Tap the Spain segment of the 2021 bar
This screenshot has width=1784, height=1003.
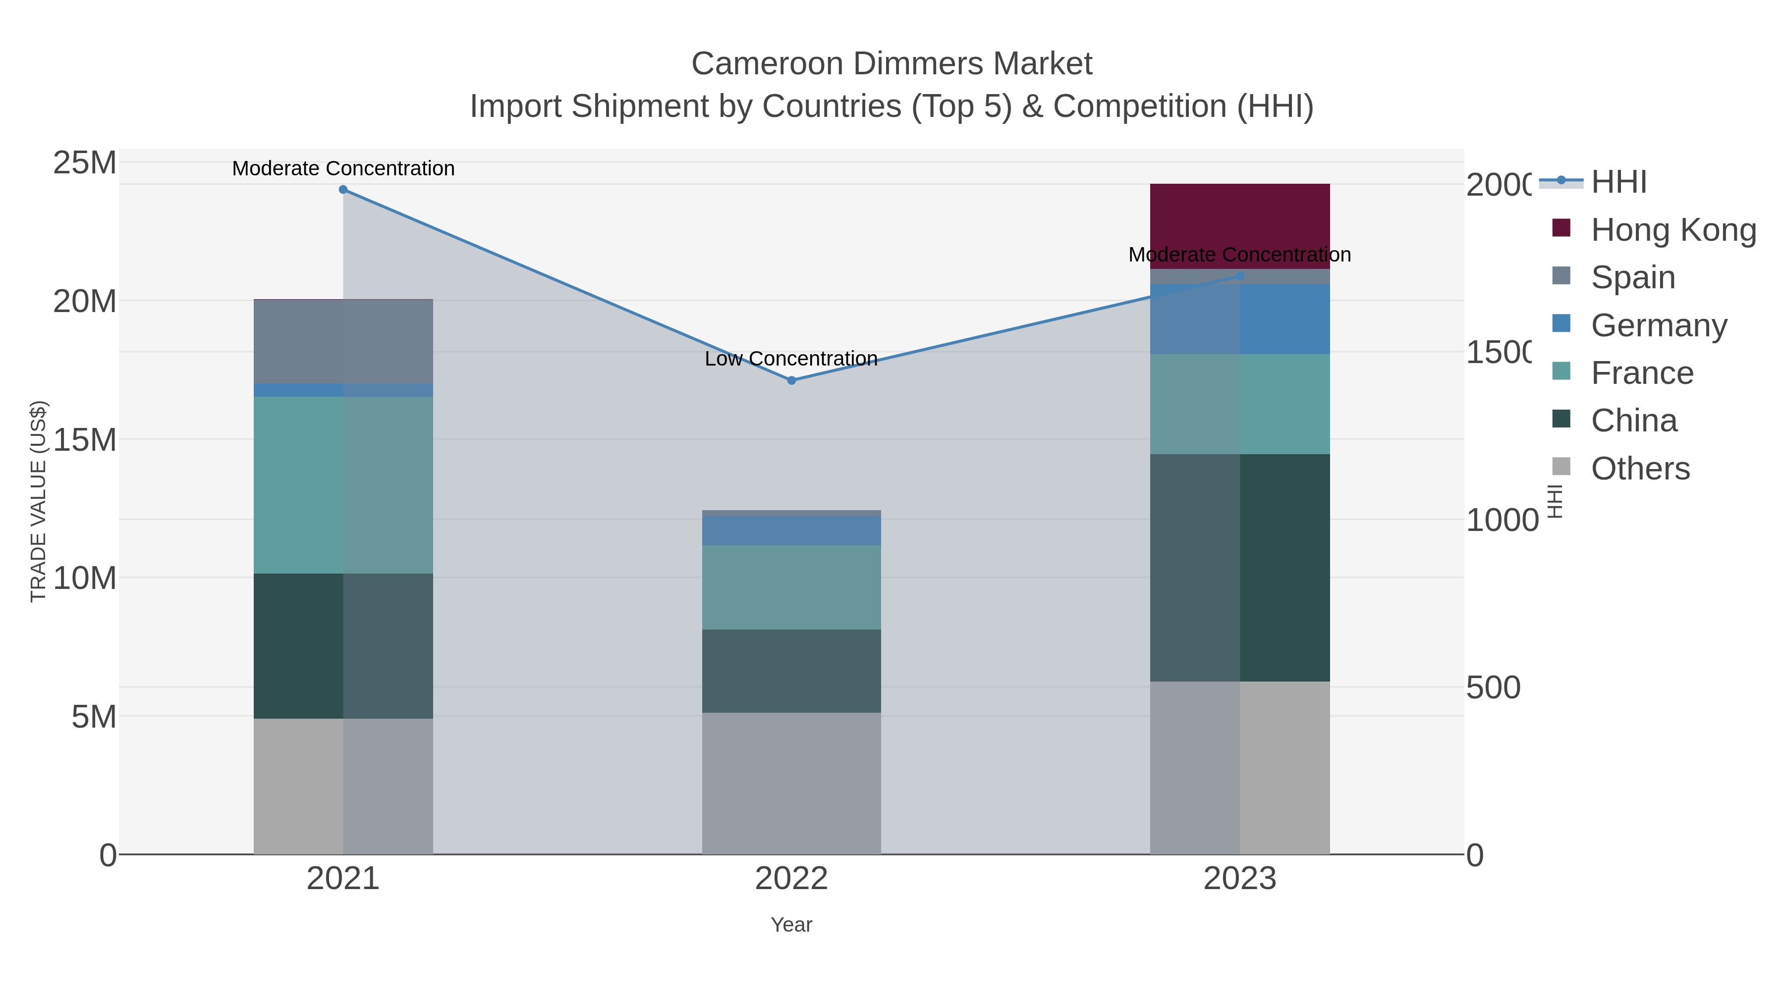point(343,341)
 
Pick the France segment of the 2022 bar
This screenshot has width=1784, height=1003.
point(791,586)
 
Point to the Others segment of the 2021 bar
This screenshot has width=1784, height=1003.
point(343,786)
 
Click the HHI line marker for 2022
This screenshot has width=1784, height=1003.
point(791,380)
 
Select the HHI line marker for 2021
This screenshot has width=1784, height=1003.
point(343,189)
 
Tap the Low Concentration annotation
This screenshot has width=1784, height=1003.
point(791,359)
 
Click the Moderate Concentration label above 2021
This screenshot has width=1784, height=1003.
point(343,168)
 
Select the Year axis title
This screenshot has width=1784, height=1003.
point(791,924)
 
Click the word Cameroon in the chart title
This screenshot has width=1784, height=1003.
point(767,64)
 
